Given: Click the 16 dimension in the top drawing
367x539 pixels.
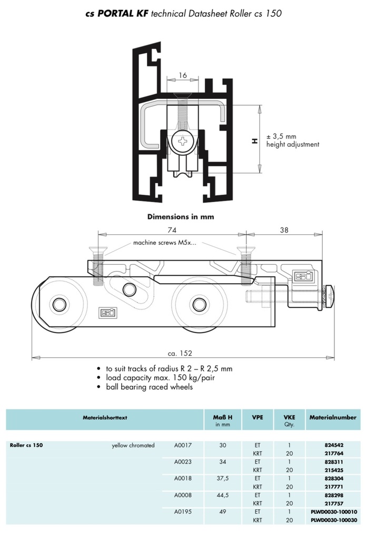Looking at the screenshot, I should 183,75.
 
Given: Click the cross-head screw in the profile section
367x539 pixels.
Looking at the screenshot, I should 183,141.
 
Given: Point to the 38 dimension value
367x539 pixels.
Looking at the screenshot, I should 283,229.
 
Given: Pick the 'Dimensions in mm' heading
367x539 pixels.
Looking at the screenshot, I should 181,216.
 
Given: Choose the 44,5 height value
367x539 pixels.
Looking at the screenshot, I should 222,495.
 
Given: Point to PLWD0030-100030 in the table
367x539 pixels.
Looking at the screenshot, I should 333,520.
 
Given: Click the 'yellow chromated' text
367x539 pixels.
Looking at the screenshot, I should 133,445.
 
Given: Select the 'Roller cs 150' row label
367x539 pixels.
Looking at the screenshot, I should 26,445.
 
